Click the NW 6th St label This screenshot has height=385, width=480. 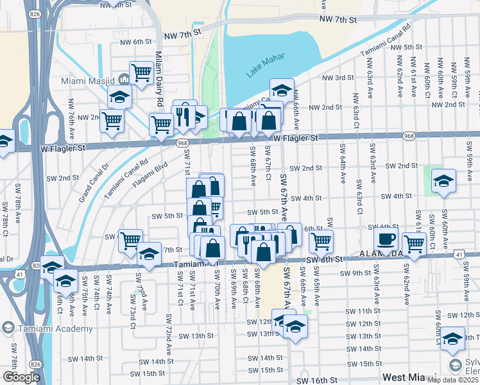129,42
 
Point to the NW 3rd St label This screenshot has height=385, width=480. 338,78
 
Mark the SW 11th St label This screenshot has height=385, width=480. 359,311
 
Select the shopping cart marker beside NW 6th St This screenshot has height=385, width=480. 141,73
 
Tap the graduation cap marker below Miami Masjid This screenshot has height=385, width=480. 119,97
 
